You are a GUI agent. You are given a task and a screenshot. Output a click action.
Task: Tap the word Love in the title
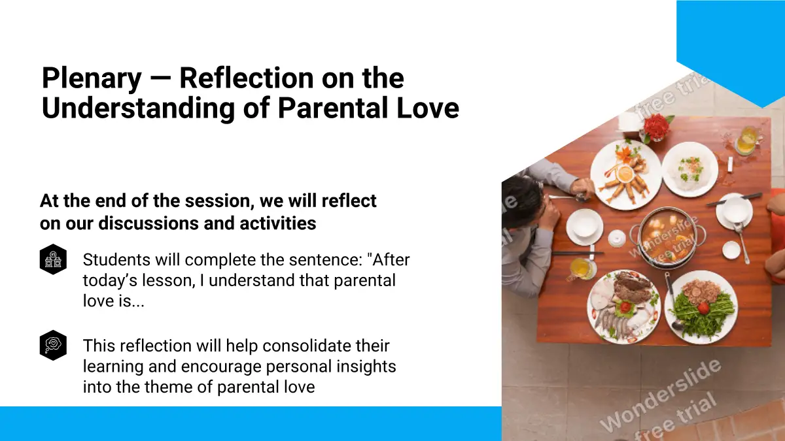pyautogui.click(x=428, y=108)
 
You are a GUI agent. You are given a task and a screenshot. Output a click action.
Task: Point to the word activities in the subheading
pyautogui.click(x=278, y=223)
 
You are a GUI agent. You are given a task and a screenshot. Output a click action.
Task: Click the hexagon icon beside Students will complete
pyautogui.click(x=53, y=259)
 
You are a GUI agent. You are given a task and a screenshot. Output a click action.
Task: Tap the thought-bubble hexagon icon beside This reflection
pyautogui.click(x=53, y=346)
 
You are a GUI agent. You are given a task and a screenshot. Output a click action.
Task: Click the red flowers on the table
pyautogui.click(x=657, y=126)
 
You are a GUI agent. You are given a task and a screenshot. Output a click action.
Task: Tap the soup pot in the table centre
pyautogui.click(x=668, y=238)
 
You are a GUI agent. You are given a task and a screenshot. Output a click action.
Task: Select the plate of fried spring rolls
pyautogui.click(x=626, y=174)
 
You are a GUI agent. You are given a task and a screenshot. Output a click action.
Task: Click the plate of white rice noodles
pyautogui.click(x=689, y=169)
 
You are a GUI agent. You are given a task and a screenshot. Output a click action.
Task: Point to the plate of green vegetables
pyautogui.click(x=701, y=307)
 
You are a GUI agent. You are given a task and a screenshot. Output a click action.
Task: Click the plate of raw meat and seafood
pyautogui.click(x=624, y=306)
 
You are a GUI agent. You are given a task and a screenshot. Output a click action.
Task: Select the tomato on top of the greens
pyautogui.click(x=703, y=307)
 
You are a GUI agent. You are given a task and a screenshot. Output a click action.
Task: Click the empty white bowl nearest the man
pyautogui.click(x=585, y=226)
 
